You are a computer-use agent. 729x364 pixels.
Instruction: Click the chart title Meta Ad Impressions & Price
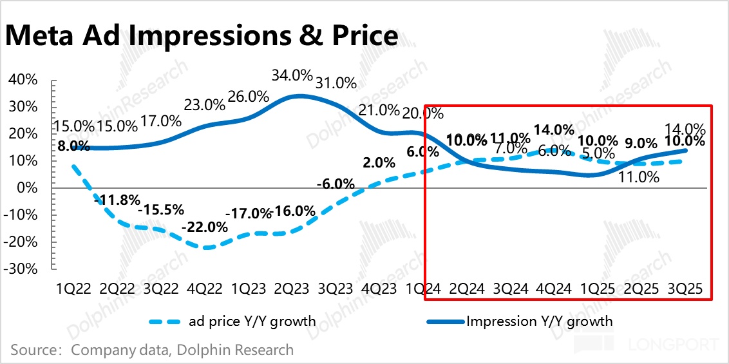tap(201, 35)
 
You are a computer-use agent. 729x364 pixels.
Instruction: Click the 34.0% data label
tap(292, 75)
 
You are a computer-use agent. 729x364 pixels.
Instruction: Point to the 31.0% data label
tap(335, 82)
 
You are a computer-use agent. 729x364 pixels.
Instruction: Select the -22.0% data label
tap(205, 227)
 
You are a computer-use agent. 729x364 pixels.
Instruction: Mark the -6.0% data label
tap(336, 184)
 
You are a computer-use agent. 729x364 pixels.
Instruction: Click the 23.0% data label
tap(204, 104)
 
